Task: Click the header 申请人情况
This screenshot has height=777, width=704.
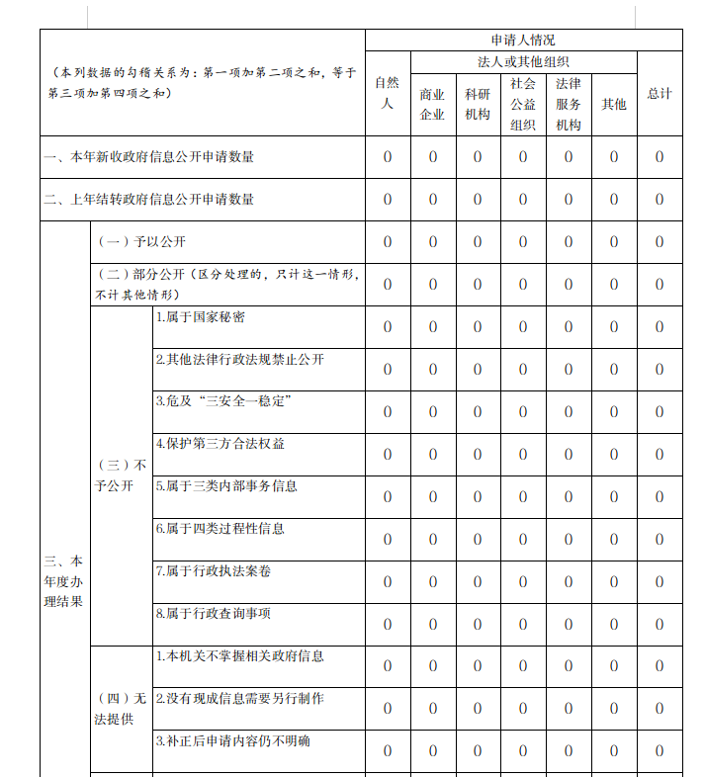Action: click(x=523, y=41)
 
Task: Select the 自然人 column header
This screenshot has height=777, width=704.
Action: click(x=388, y=93)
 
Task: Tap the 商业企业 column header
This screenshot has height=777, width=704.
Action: click(x=432, y=104)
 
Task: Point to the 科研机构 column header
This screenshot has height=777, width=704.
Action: click(x=478, y=104)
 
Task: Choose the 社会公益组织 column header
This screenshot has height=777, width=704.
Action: click(x=523, y=104)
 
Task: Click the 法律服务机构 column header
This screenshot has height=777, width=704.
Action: click(x=569, y=104)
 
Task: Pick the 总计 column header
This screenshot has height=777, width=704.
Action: click(x=660, y=93)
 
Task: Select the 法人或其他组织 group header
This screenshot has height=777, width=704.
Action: click(x=523, y=62)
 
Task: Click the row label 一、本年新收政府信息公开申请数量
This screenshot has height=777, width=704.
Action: click(x=149, y=157)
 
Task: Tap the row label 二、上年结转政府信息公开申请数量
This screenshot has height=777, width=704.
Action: click(x=149, y=200)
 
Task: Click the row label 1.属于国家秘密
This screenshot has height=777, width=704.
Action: click(x=201, y=317)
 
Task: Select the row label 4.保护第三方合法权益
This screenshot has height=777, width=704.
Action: click(x=220, y=444)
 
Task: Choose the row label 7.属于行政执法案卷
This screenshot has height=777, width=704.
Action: click(x=214, y=571)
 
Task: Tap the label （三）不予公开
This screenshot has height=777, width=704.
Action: click(x=121, y=475)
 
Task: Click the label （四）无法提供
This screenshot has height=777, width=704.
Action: click(x=121, y=709)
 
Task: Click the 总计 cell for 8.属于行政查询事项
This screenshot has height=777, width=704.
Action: click(x=660, y=624)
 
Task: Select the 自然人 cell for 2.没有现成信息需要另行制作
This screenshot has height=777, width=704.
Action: click(x=388, y=709)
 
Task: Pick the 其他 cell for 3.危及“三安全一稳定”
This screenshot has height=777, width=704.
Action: click(x=614, y=412)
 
